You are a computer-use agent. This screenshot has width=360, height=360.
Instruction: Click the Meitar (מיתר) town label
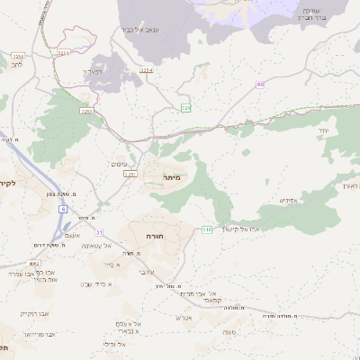[171, 177]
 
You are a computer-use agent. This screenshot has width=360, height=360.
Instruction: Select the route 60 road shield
[260, 85]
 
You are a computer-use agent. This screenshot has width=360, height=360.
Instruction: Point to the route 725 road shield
[185, 108]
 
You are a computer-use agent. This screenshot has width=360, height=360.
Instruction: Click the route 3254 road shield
[147, 69]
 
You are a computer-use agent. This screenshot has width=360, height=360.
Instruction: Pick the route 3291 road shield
[130, 174]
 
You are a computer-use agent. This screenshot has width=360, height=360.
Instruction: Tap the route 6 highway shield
[63, 208]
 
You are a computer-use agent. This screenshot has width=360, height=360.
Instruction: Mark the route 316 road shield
[206, 229]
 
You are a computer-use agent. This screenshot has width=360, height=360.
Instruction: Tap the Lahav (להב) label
[15, 65]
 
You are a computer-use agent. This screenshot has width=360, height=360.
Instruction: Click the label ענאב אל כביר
[139, 30]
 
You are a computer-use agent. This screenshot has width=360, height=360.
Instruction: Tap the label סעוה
[230, 330]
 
